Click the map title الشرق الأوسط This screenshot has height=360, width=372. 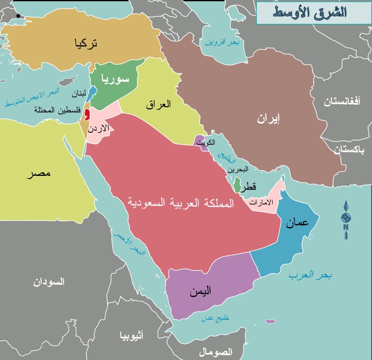point(310,12)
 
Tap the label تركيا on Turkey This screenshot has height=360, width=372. point(86,43)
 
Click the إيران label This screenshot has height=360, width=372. point(268,119)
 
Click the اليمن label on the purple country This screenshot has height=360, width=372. point(200,292)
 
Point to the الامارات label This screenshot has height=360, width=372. point(262,203)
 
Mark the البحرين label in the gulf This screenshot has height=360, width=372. point(238,170)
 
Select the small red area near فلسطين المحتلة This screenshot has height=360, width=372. point(87,115)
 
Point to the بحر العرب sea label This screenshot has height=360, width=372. point(311,275)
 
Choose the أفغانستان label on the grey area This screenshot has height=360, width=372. point(342,102)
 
